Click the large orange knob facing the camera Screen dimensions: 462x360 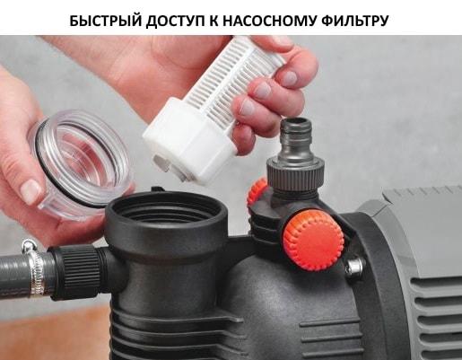coord(313,241)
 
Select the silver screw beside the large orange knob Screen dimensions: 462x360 coord(354,266)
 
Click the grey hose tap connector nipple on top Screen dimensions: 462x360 coord(295,140)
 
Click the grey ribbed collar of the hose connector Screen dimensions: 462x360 coord(295,176)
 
